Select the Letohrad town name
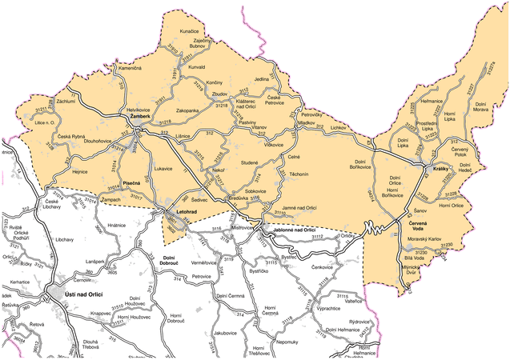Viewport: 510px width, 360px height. (187, 211)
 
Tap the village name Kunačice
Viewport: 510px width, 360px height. (189, 30)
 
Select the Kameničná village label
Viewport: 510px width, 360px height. (130, 70)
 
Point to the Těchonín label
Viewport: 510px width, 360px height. (299, 174)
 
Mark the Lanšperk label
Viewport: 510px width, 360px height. (96, 263)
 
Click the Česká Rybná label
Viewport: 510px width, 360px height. (71, 137)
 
